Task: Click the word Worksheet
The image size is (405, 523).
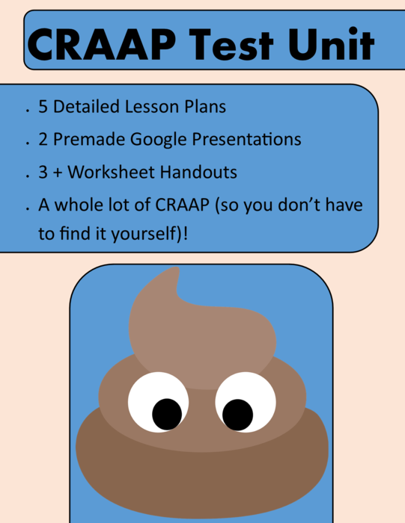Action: pyautogui.click(x=113, y=173)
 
